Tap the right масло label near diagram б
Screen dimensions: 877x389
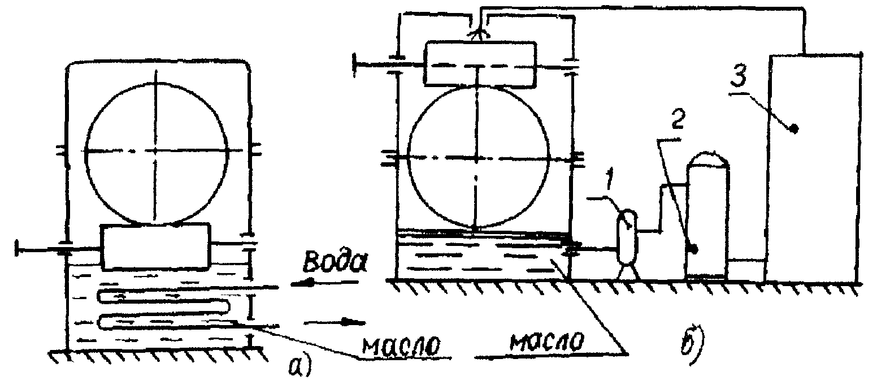(x=545, y=343)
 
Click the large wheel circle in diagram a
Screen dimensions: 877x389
(x=158, y=150)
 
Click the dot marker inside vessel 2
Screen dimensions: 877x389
(x=694, y=249)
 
